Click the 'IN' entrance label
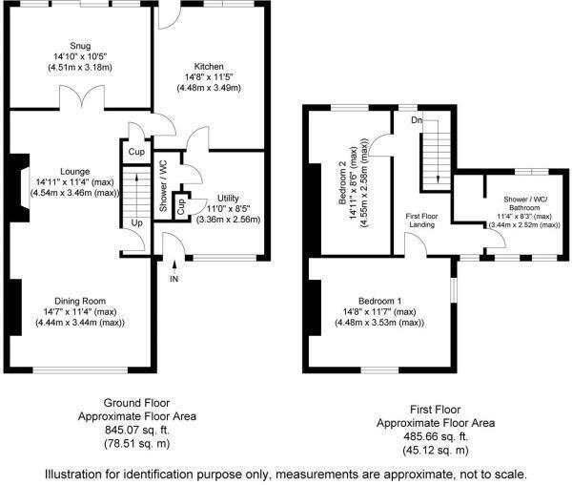tap(174, 278)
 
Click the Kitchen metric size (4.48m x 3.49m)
tap(209, 88)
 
